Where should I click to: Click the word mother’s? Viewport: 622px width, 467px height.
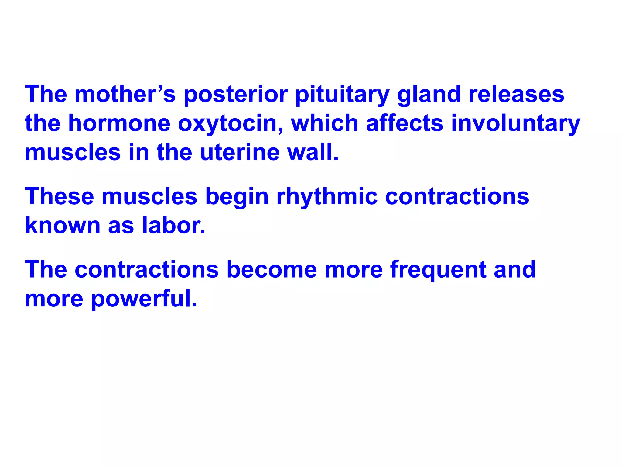[x=125, y=94]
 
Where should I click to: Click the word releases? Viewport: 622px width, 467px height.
[x=516, y=94]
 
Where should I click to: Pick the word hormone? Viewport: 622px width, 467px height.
[x=119, y=123]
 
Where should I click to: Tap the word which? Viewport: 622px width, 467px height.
[x=325, y=123]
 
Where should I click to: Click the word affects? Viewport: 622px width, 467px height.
[x=405, y=123]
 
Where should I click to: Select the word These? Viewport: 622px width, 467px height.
[x=60, y=196]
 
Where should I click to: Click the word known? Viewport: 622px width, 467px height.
[x=63, y=225]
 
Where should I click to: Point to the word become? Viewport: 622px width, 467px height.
[x=272, y=269]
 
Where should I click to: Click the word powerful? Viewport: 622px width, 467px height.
[x=144, y=299]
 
